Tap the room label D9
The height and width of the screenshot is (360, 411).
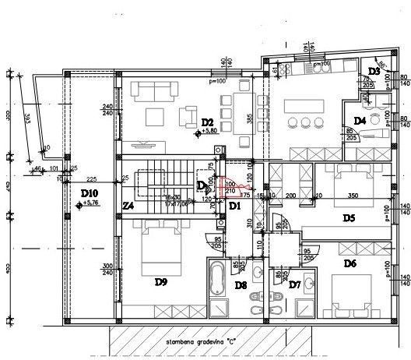click(x=162, y=282)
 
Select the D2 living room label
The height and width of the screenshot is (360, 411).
click(x=207, y=122)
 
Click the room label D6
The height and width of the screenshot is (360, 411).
click(x=350, y=264)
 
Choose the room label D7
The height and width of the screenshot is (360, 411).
click(x=295, y=285)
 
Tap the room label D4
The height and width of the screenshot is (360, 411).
click(x=360, y=120)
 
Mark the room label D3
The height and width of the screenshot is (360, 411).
click(x=374, y=72)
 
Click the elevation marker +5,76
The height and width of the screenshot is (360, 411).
click(x=90, y=204)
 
